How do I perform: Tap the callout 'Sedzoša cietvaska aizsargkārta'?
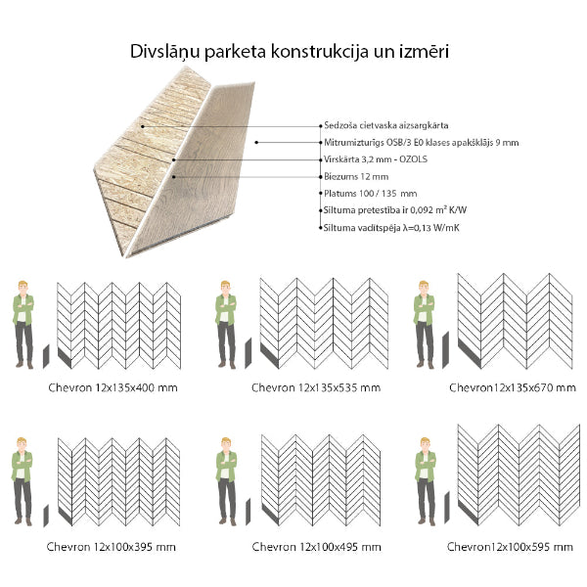(x=384, y=126)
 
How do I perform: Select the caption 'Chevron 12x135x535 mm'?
(x=315, y=387)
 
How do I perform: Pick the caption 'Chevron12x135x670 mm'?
(x=512, y=387)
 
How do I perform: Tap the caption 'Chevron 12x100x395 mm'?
(x=111, y=546)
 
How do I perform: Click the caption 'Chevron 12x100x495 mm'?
(x=315, y=546)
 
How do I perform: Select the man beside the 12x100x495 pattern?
(x=226, y=483)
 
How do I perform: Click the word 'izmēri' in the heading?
(x=427, y=50)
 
